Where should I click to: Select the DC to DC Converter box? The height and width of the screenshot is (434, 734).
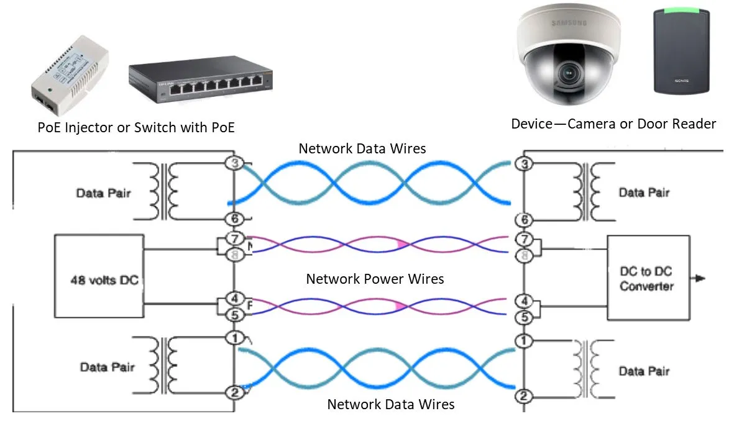[x=647, y=278]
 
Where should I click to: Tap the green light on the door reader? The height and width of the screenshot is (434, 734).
[x=681, y=11]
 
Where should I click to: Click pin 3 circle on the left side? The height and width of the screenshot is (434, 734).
[x=234, y=163]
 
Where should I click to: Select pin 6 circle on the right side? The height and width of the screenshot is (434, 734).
[x=524, y=219]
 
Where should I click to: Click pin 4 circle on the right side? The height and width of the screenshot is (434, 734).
[x=524, y=302]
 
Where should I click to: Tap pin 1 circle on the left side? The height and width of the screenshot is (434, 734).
[x=234, y=338]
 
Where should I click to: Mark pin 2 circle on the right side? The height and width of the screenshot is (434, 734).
[x=524, y=396]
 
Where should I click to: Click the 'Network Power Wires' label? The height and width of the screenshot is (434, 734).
[x=375, y=279]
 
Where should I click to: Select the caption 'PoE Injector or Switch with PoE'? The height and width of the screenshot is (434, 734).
[x=136, y=127]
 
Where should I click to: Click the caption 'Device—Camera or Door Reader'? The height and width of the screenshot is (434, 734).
[x=613, y=124]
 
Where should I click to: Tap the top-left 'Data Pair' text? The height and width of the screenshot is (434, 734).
[x=104, y=192]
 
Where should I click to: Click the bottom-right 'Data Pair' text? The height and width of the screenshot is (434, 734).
[x=644, y=371]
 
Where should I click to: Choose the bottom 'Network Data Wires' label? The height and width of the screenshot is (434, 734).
[x=390, y=405]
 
